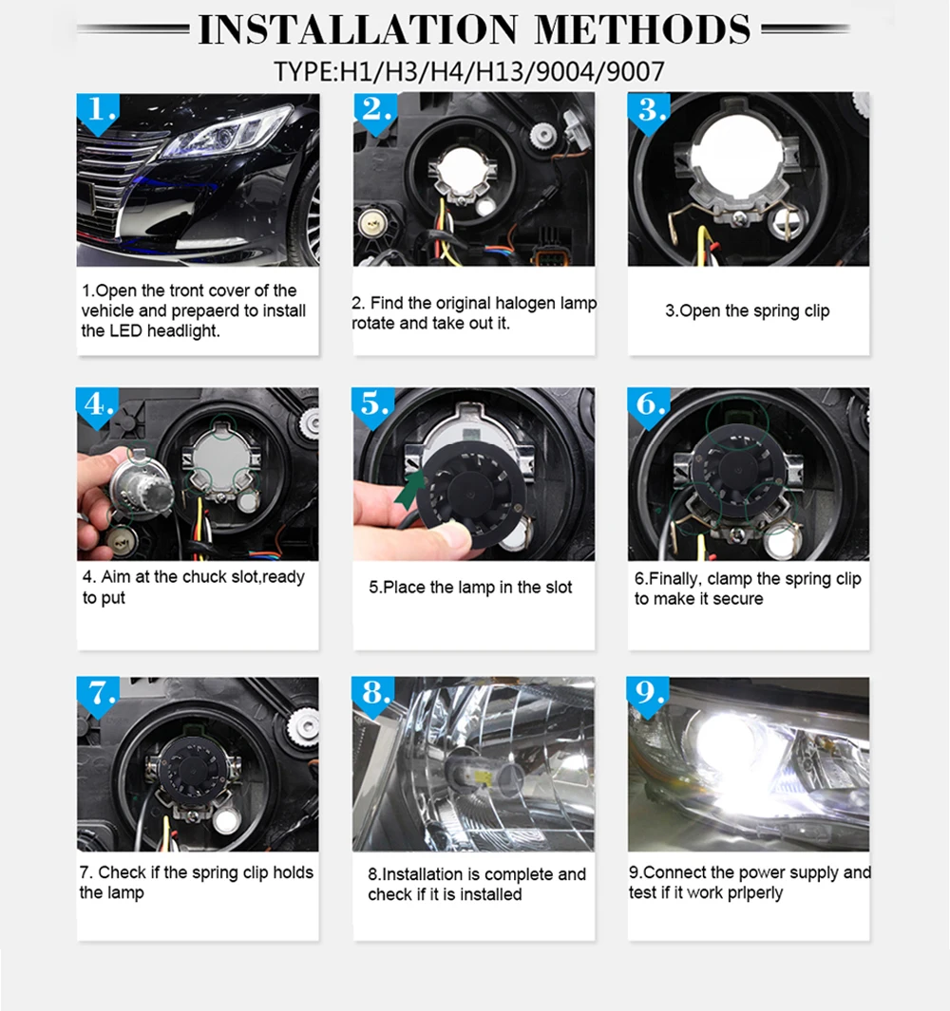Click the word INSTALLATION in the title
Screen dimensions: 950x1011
(358, 29)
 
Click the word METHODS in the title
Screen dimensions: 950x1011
(643, 29)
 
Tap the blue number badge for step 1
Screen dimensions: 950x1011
(98, 112)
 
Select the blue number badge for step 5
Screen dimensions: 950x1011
(373, 406)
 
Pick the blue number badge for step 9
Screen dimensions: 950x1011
(648, 696)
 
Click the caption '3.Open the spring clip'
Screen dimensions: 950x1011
(748, 310)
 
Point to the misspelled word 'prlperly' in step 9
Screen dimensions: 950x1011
(755, 893)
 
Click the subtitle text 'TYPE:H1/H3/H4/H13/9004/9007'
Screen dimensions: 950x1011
(469, 71)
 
